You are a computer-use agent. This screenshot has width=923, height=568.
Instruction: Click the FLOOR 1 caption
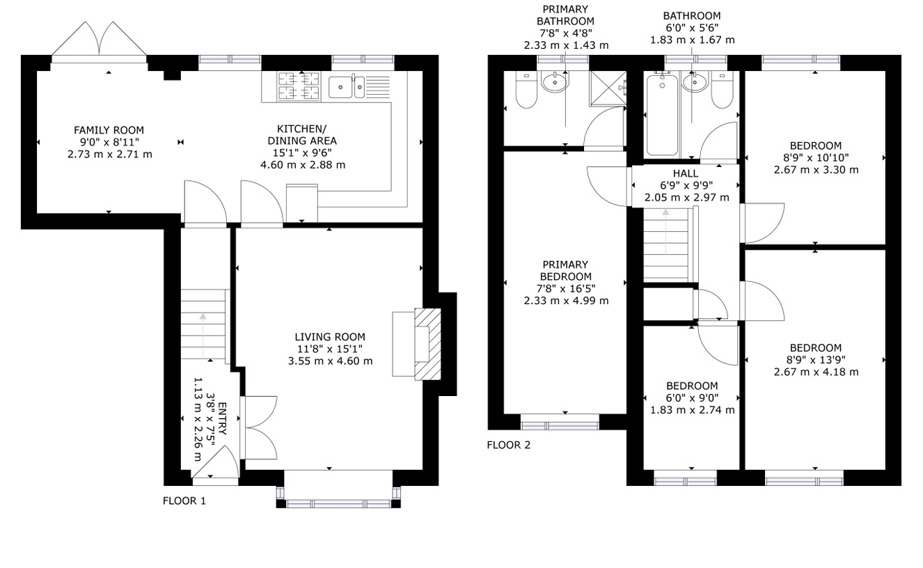[184, 500]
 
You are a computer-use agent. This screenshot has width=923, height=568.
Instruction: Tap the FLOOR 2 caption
[508, 445]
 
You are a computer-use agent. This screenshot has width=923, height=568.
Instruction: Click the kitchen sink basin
[340, 87]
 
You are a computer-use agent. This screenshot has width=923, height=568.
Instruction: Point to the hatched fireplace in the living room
[427, 344]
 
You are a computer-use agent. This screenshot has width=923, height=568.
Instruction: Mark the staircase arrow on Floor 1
[203, 334]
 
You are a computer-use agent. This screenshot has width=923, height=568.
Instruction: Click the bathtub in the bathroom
[661, 115]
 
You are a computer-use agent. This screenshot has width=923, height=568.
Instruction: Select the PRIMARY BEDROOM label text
[565, 271]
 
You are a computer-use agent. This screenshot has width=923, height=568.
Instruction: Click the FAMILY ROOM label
[109, 130]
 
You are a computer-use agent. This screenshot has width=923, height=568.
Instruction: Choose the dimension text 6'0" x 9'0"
[691, 398]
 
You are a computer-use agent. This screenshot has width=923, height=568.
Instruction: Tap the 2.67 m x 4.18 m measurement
[816, 372]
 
